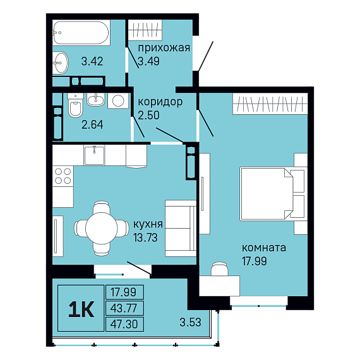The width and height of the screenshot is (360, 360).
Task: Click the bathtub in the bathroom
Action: coord(81,33)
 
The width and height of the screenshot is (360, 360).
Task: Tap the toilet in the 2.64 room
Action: coord(75,105)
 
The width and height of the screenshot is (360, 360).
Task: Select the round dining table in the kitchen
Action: coord(102,228)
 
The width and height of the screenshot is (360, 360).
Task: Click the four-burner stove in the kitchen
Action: coord(63,176)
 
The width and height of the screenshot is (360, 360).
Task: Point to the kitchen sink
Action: coord(94,155)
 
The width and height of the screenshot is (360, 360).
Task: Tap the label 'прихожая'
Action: coord(164,48)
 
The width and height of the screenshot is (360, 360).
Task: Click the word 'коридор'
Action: coord(160,102)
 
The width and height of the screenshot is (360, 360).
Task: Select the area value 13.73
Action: coord(145,237)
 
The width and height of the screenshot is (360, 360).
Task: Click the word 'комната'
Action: coord(264,248)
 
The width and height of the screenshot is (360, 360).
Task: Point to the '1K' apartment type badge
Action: coord(81,308)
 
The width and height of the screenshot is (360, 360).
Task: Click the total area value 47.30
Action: coord(124,324)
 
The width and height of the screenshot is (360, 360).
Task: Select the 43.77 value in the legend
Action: coord(124,308)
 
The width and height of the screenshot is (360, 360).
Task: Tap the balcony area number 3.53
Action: coord(190,322)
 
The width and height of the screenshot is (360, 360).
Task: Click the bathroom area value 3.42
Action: coord(92,61)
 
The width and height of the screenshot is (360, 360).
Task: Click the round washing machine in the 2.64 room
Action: coord(118,100)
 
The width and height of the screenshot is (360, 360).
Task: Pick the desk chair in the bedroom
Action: coord(220,268)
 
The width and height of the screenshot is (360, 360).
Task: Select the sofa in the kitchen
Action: coord(181,228)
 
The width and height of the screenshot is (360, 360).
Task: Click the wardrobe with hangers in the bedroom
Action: coord(270,104)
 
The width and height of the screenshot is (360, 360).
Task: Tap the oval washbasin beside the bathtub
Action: coord(61,63)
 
